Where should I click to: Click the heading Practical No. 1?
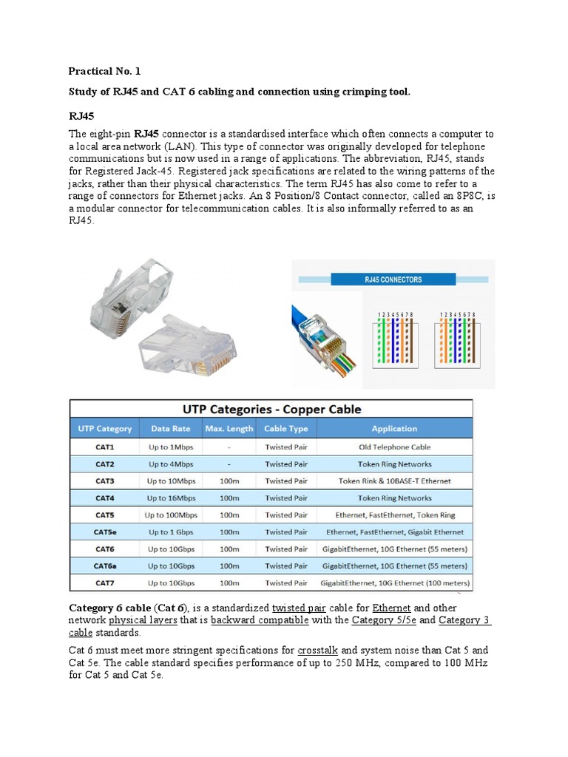(104, 72)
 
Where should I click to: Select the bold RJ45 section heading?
(81, 116)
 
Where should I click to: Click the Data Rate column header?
(171, 429)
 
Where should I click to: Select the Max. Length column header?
(229, 429)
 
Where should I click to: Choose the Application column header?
(394, 429)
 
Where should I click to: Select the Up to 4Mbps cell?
(171, 464)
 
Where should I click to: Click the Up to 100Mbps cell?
(171, 515)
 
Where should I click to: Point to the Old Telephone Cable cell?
(394, 447)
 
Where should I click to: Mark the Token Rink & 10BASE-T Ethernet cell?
(394, 481)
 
